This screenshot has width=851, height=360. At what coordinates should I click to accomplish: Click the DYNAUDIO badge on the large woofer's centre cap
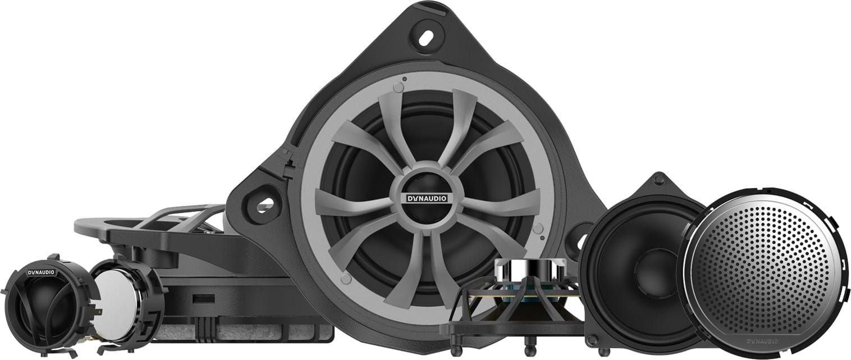point(427,198)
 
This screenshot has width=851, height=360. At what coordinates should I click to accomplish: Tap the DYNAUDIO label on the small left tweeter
point(42,272)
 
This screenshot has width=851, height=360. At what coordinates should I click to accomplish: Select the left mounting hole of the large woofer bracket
point(264,206)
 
